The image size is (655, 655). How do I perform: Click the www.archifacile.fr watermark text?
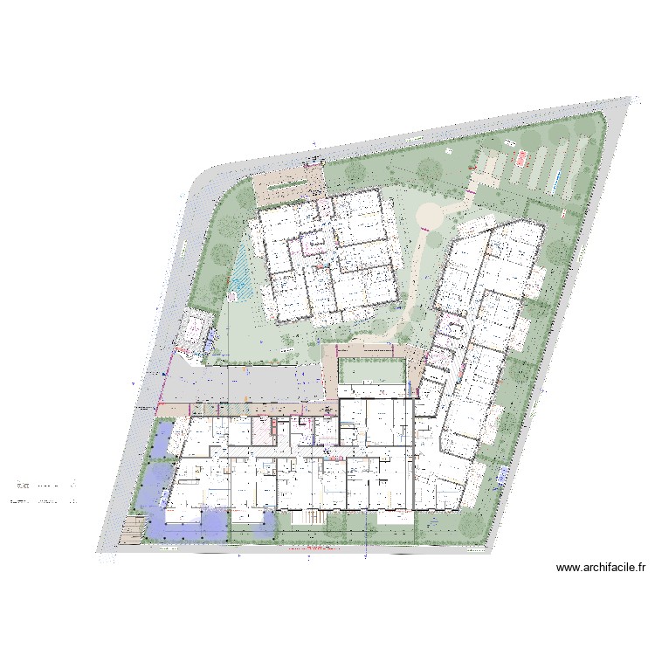(601, 568)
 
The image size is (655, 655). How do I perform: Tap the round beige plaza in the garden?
(430, 214)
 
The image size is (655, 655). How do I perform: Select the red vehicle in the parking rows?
(522, 158)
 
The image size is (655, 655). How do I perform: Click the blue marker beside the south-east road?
(504, 474)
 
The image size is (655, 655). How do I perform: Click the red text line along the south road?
(311, 548)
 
